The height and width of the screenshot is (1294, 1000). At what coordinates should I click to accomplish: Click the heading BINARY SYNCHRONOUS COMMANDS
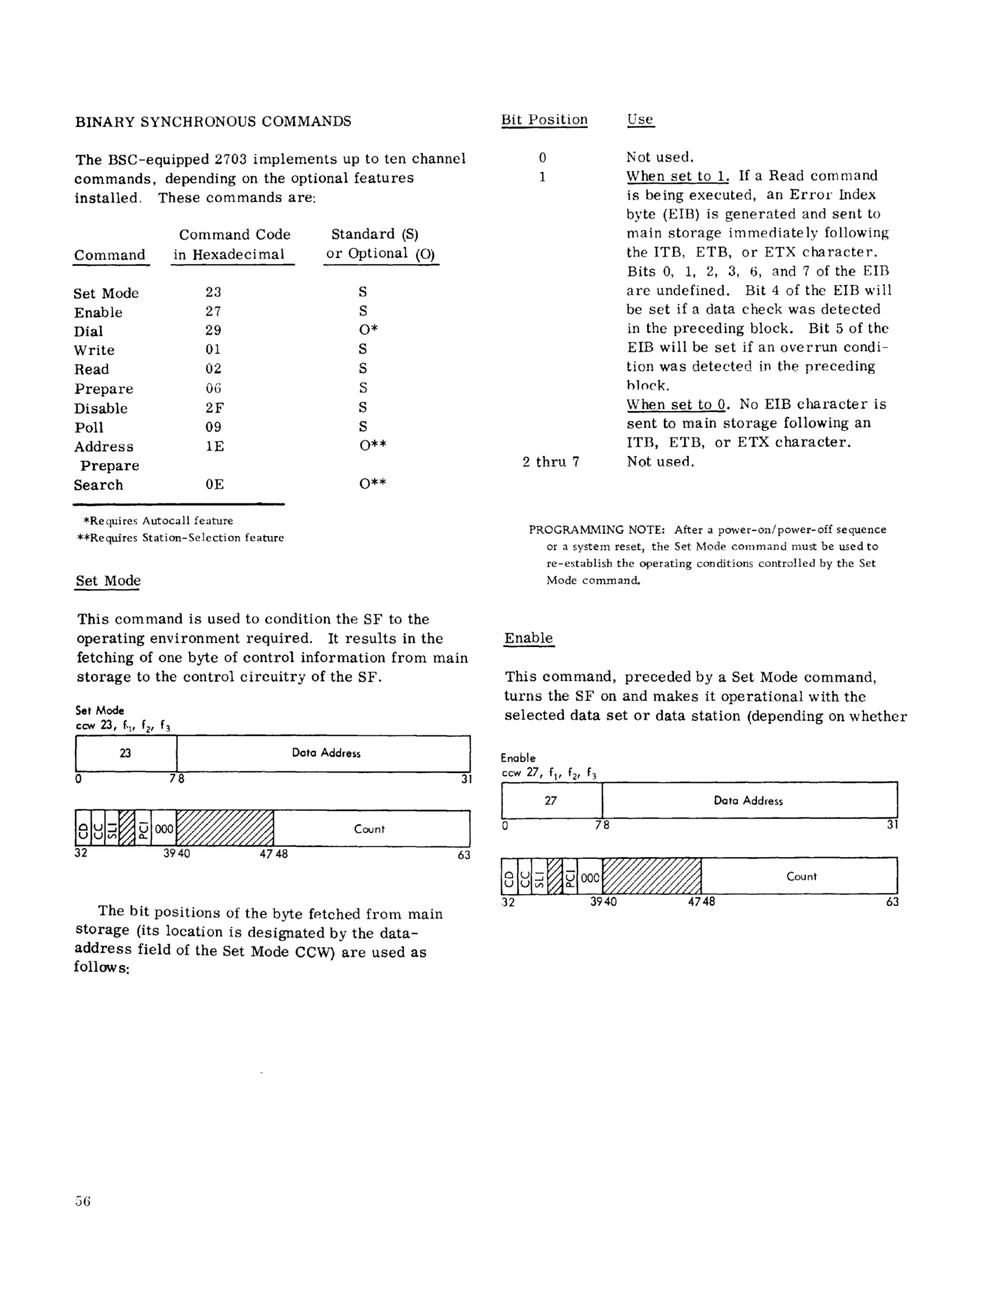[x=213, y=122]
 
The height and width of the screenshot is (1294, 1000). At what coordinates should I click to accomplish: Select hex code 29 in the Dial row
[x=214, y=331]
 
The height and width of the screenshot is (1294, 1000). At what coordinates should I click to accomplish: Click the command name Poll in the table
[x=89, y=427]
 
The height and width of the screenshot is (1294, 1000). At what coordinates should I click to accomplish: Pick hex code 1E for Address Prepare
[x=215, y=446]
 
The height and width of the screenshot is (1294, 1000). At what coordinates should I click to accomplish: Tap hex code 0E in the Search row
[x=215, y=485]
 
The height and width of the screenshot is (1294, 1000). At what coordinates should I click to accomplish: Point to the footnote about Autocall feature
[x=158, y=521]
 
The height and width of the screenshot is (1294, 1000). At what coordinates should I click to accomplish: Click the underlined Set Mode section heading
[x=108, y=581]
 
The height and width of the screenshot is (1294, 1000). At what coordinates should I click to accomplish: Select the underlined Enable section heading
[x=528, y=638]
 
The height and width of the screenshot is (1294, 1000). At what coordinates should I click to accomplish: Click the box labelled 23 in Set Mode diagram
[x=126, y=753]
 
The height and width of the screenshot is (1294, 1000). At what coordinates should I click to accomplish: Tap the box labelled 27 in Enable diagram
[x=551, y=800]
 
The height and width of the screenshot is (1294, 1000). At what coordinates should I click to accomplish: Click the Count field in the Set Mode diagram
[x=369, y=829]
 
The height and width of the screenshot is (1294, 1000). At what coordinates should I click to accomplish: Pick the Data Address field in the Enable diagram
[x=748, y=800]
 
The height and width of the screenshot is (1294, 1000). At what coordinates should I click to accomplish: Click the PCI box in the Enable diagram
[x=570, y=876]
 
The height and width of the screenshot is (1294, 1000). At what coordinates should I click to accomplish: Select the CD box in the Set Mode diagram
[x=82, y=829]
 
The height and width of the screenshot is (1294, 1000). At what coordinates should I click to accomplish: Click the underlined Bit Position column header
[x=544, y=120]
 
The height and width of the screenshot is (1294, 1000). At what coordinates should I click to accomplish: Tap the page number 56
[x=82, y=1201]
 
